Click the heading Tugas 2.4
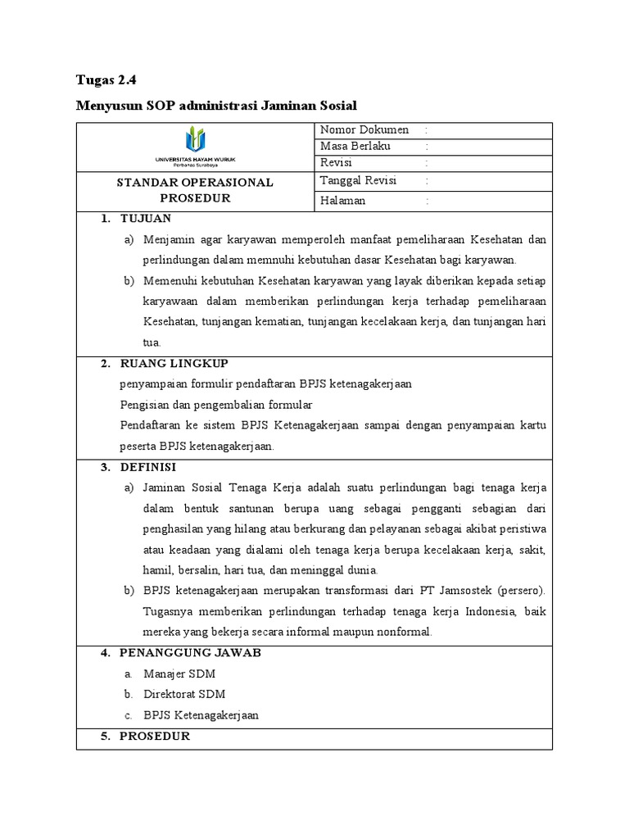click(x=106, y=80)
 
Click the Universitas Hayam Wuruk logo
click(x=194, y=147)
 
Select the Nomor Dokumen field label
click(x=364, y=130)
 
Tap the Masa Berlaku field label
click(x=355, y=146)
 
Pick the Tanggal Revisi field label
click(x=358, y=181)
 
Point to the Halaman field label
click(x=343, y=201)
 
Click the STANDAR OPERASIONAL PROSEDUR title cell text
click(x=195, y=190)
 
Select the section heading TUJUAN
click(x=145, y=219)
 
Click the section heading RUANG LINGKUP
click(x=174, y=363)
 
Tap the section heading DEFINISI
click(x=147, y=467)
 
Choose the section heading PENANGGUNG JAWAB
click(x=191, y=653)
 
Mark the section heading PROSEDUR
click(x=155, y=736)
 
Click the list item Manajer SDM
click(x=179, y=673)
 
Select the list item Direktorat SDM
click(x=184, y=694)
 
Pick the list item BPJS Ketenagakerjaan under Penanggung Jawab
click(x=201, y=714)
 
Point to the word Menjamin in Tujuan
click(x=166, y=239)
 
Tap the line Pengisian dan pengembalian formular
click(x=216, y=405)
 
